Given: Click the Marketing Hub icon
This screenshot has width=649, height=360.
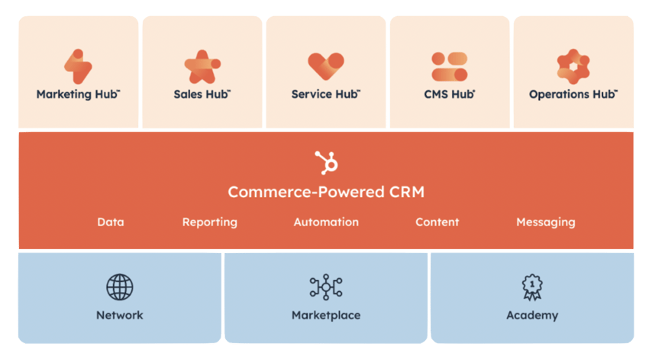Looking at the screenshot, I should point(78,66).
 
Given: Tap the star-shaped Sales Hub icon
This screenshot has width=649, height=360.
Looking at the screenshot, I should point(202,66).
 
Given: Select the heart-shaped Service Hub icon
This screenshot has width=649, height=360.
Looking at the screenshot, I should point(326,66).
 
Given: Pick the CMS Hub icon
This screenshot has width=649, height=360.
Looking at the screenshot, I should point(449,66).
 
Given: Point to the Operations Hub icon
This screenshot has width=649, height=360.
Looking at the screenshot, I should point(573,66).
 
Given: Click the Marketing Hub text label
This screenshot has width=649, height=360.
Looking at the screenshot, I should point(78,95).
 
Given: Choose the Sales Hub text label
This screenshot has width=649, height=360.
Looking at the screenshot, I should point(202,95).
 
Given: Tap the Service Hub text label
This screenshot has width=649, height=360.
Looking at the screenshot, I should point(326,95).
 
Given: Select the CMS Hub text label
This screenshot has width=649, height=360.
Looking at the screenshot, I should point(450,95).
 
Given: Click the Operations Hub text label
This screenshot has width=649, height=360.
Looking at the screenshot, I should point(573,95).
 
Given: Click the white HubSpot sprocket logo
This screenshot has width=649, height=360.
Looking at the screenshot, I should point(326,162).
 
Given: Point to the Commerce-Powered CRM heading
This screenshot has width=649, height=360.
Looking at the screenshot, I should point(326,191).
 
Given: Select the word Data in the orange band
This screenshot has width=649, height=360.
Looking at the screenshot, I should point(111,222).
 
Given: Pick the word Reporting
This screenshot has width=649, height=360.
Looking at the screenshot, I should point(209,222).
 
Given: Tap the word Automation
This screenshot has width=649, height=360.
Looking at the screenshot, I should point(326,222).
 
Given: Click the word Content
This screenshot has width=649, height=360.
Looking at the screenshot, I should point(437,222).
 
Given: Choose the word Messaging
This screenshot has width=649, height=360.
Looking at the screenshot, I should point(545,222).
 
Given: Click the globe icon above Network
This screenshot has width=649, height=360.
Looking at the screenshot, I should point(120,287).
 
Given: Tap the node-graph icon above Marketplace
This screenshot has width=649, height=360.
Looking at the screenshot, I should point(326,287).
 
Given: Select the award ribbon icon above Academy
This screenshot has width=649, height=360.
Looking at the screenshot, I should point(532,287).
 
